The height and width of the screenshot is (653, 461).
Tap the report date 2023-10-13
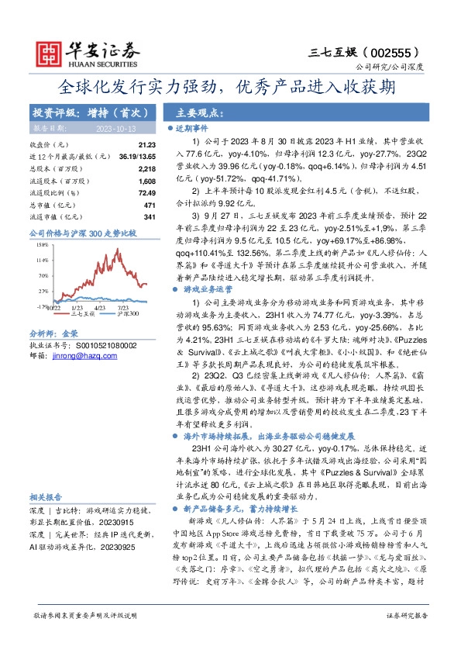point(115,128)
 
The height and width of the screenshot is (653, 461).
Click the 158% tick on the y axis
point(41,244)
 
